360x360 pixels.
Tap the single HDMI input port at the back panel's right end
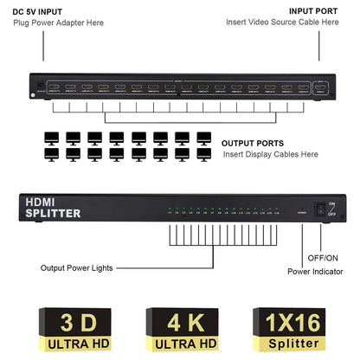pos(321,87)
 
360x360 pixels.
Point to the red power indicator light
pos(301,210)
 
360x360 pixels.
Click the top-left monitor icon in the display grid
pos(51,137)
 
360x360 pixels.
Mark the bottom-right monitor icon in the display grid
pos(204,153)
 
